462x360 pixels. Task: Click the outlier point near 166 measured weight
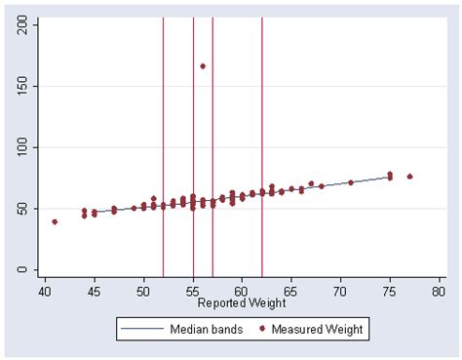203,66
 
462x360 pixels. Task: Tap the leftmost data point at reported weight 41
55,221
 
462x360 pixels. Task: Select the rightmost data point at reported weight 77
409,177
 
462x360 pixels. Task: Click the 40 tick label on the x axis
45,292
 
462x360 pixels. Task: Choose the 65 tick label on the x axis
291,292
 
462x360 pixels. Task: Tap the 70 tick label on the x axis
341,292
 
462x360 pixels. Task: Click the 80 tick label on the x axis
440,292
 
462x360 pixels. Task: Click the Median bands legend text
195,330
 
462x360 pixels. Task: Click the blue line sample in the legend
137,330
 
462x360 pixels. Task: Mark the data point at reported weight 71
351,182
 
